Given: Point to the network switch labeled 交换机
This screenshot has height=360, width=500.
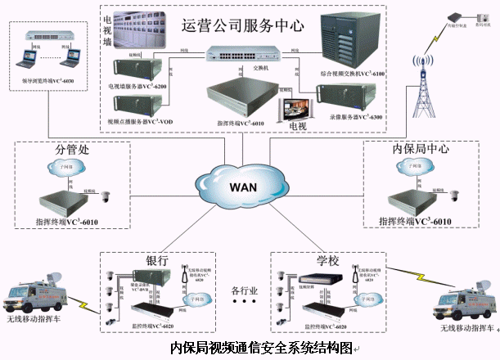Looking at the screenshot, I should (x=238, y=53).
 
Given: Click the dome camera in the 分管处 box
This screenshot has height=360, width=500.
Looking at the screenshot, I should (x=106, y=196).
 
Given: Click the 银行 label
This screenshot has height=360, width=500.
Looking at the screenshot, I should (x=157, y=259).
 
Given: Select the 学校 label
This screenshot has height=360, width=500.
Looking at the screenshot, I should (x=327, y=259).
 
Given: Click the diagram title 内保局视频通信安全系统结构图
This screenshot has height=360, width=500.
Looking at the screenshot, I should (x=262, y=348).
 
